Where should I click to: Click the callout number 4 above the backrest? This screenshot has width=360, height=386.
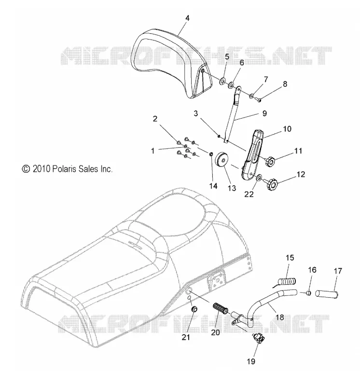187,18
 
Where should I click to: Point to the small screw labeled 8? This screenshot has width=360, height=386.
258,99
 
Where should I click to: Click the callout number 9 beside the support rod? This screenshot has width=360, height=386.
264,113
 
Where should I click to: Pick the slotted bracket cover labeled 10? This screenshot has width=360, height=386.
252,156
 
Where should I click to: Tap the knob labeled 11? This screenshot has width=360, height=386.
270,161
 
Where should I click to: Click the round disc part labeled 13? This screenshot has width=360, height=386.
222,161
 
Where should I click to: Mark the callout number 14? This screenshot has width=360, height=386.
213,186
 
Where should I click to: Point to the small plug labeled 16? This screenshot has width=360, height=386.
308,293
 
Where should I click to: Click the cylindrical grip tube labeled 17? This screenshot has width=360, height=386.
327,294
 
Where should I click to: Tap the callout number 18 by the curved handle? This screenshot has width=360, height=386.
280,317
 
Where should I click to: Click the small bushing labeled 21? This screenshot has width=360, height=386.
194,309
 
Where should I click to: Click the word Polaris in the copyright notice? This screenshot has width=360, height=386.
64,169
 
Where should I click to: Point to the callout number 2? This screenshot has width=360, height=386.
155,119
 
